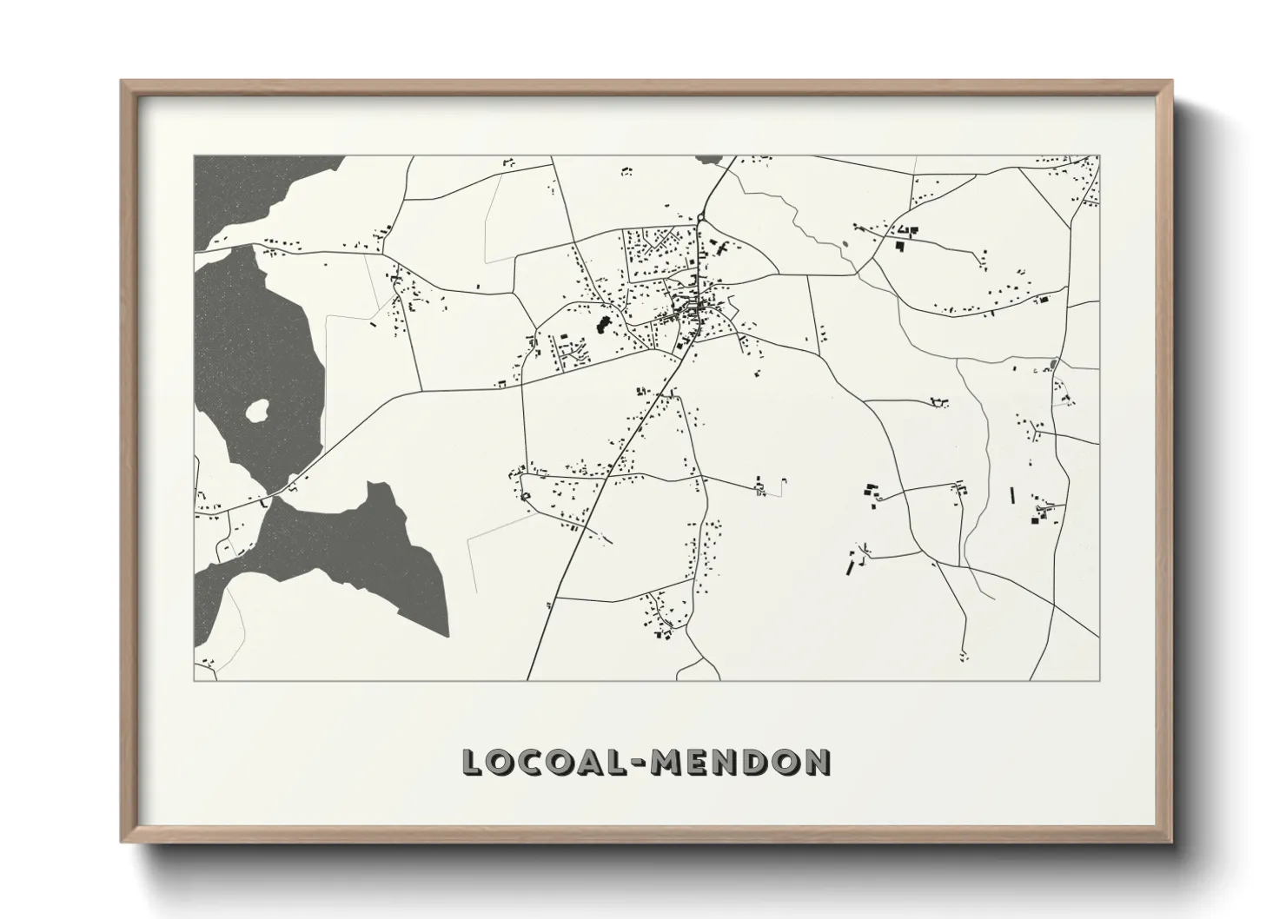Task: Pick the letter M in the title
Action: (x=670, y=762)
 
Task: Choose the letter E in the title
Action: (x=701, y=762)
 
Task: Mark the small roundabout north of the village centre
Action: (x=700, y=217)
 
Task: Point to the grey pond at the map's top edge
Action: (x=709, y=160)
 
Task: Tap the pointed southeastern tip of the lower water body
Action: (x=447, y=635)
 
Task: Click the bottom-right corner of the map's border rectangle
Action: (x=1099, y=680)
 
